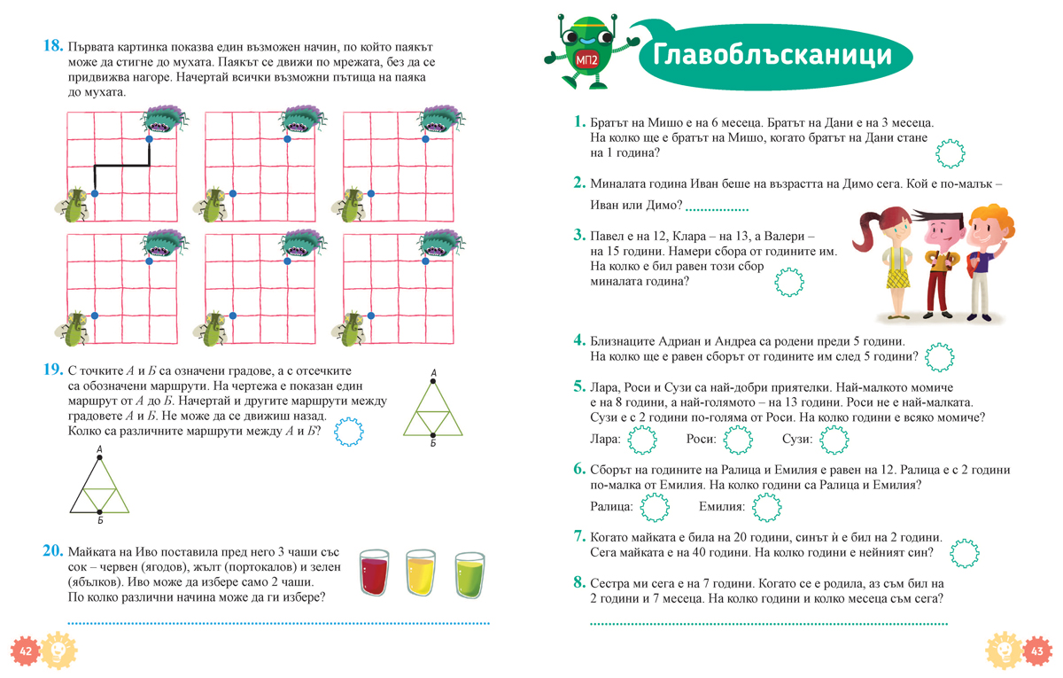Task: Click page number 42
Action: coord(25,651)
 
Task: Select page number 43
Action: coord(1035,651)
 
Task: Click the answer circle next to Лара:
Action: coord(641,439)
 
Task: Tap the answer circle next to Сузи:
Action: coord(834,439)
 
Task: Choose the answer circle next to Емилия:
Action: coord(766,507)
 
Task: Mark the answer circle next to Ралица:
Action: coord(655,507)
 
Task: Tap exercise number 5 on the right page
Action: coord(579,387)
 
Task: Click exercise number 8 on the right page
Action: coord(579,582)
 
